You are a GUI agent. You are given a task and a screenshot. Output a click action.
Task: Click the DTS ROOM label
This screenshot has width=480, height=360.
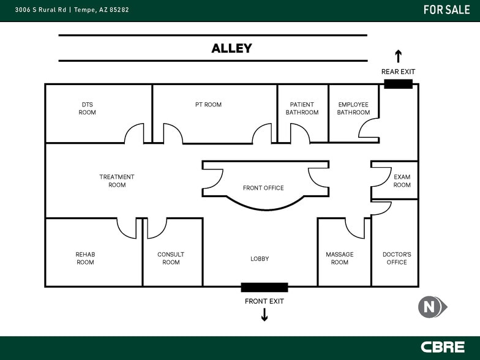coord(87,108)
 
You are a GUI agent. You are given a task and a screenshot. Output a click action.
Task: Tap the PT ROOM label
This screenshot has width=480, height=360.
coord(208,105)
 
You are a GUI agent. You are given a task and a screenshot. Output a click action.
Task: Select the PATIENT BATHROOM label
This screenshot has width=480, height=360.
coord(302,108)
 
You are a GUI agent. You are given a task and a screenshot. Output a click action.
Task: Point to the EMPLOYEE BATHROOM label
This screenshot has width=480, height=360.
coord(353,108)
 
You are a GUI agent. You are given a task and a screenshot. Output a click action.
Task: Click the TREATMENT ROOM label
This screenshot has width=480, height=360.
coord(117,181)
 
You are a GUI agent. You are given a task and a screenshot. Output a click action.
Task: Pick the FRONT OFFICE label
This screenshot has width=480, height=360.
coord(263,188)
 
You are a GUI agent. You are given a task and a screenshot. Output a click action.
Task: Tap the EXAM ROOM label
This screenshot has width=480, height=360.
coord(402,181)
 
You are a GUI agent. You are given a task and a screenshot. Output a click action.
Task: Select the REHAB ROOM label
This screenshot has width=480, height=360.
coord(85,258)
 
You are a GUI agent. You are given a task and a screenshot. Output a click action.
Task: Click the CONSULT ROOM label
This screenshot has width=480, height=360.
coord(171,258)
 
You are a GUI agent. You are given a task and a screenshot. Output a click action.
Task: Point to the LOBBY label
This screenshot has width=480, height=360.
coord(260,259)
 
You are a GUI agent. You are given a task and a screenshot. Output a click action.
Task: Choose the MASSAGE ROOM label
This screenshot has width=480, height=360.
coord(340,258)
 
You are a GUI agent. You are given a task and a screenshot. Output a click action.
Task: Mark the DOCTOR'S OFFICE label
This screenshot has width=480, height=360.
coord(397,258)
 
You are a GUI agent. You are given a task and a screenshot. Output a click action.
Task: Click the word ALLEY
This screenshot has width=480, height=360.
coord(231,48)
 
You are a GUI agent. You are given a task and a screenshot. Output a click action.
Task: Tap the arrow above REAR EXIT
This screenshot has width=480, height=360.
coord(398,56)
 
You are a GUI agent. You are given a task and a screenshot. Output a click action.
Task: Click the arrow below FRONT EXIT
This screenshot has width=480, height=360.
coord(264,315)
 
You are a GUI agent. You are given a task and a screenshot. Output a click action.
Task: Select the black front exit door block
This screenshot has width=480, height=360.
coord(264,287)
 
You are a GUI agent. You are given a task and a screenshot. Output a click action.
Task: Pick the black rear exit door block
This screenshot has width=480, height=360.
coord(398,84)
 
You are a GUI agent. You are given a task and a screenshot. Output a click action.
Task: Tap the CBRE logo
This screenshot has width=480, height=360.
coord(442,347)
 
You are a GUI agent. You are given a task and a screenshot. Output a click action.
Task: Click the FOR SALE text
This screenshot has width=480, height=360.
coord(446,10)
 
